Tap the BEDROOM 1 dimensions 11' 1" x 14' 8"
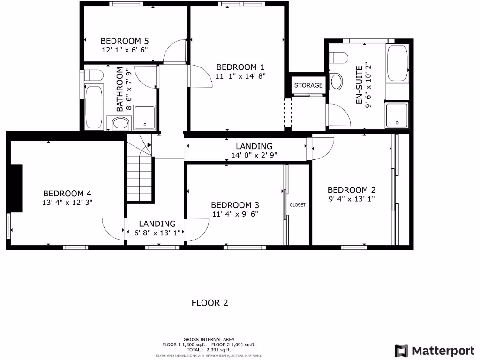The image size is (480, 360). [x=241, y=76]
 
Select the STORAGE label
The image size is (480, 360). [x=308, y=85]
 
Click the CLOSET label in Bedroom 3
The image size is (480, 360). [x=298, y=205]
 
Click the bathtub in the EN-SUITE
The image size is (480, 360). [x=397, y=64]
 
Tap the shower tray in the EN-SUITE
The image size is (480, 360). [x=397, y=115]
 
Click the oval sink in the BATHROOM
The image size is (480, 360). [x=120, y=124]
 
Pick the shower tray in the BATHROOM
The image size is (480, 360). [x=145, y=117]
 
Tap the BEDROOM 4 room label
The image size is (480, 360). [x=67, y=193]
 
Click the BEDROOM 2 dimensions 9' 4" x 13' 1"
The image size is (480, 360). [x=352, y=198]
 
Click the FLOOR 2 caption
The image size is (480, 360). [x=210, y=303]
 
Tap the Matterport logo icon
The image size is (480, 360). [x=401, y=351]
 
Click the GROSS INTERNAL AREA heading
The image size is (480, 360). [x=209, y=339]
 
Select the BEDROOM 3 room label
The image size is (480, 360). [x=235, y=205]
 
